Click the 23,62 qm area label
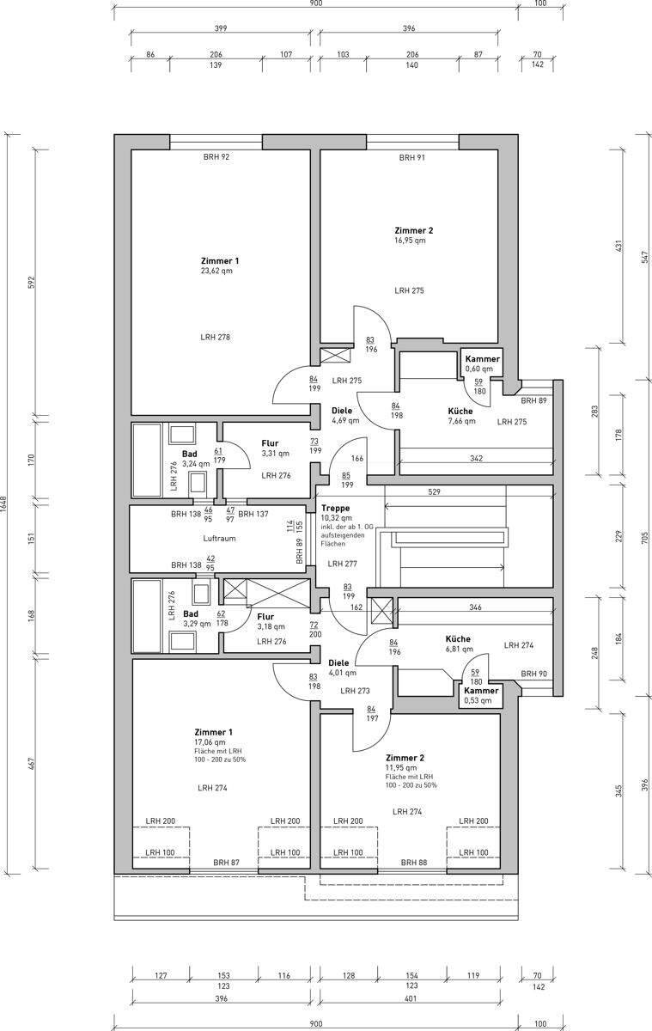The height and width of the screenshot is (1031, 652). point(216,271)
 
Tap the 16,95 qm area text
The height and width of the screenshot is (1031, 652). point(410,241)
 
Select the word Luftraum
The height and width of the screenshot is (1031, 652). point(219,538)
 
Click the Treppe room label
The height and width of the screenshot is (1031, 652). point(335,508)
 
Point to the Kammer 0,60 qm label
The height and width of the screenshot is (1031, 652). point(482,363)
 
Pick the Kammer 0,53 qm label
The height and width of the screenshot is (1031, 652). point(481,695)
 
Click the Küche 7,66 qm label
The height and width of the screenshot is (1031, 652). point(461,416)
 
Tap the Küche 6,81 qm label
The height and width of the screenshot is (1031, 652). point(459,644)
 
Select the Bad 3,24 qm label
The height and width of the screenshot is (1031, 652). point(195,459)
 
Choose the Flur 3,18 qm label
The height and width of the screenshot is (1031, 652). point(271,621)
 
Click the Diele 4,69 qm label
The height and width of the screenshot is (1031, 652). point(345,415)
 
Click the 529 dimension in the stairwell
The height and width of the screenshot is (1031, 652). point(434,491)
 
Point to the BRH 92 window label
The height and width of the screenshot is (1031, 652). point(216,157)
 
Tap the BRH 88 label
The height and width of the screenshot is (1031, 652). point(414,862)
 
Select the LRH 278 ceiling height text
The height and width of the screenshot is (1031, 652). point(215,337)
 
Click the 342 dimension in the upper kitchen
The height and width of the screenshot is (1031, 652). point(476,459)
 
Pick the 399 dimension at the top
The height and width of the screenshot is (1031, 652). point(221,28)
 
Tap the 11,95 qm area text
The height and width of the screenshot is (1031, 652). point(401,768)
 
